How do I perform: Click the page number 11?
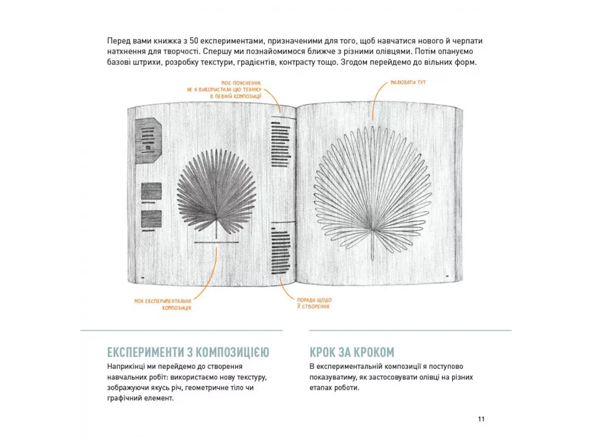[481, 419]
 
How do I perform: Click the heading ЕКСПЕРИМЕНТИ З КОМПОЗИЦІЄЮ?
[188, 352]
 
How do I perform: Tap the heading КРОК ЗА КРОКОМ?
[352, 352]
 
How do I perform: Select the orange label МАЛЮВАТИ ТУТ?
[408, 82]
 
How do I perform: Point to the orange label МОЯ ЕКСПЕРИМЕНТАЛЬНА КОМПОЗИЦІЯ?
[163, 304]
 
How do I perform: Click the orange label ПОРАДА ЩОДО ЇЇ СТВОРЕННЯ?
[314, 303]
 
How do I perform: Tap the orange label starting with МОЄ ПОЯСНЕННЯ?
[224, 90]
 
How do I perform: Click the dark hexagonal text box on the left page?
[149, 140]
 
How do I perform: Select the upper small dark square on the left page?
[151, 191]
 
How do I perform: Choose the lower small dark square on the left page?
[151, 219]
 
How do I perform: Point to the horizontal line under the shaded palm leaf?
[216, 242]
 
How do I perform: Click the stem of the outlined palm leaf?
[372, 245]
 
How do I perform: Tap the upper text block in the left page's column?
[282, 144]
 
